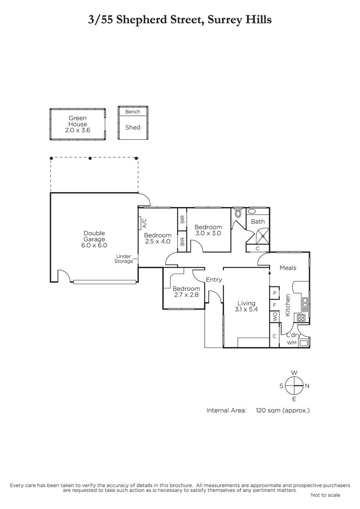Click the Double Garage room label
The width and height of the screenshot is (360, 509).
(x=94, y=239)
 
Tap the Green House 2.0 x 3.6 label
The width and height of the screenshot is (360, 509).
(x=78, y=124)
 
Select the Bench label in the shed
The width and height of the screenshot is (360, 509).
(x=133, y=112)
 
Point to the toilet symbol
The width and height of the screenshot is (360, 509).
(x=238, y=213)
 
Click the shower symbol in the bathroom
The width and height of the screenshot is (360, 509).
(x=263, y=236)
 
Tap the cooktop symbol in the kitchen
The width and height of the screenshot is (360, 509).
(x=301, y=317)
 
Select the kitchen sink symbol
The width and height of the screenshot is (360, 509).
(x=305, y=305)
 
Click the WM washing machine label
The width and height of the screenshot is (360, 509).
(x=292, y=343)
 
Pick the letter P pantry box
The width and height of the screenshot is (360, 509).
(x=275, y=293)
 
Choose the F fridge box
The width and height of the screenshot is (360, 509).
(x=275, y=305)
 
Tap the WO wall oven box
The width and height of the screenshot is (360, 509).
(x=275, y=316)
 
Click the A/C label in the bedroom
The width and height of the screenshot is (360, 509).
(x=144, y=223)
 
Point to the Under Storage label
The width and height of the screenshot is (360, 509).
(x=124, y=259)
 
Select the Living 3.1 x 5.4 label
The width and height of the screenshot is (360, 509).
(x=246, y=306)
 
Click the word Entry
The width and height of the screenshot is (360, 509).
(x=214, y=280)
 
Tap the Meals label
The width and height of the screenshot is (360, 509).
(x=288, y=268)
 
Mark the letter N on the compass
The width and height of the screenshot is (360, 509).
(x=307, y=386)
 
